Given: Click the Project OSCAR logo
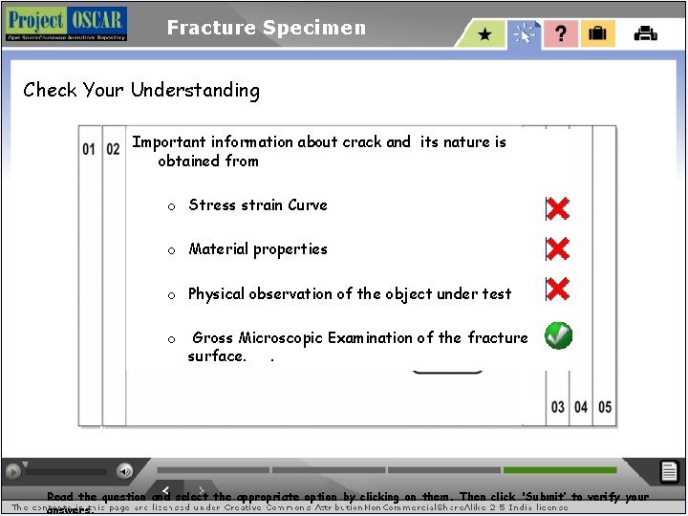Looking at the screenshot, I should (x=65, y=24).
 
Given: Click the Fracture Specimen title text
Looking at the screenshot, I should (x=267, y=28).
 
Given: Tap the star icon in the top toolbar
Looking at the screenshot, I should (x=485, y=34).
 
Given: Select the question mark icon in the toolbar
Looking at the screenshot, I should (x=561, y=34).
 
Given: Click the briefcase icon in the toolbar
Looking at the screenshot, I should (x=597, y=34).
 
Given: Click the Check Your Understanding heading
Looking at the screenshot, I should (x=141, y=91).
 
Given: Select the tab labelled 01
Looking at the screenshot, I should (x=89, y=149).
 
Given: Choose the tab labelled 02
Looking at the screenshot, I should (x=113, y=149).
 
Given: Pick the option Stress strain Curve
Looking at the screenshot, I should (x=257, y=204).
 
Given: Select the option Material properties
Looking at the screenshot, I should (x=257, y=249).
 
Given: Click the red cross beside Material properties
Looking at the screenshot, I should (x=557, y=248).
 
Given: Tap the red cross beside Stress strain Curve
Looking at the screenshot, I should (x=557, y=207).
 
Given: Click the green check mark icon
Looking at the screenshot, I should (x=559, y=335).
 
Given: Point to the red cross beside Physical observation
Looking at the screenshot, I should (x=557, y=289).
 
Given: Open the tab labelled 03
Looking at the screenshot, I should (x=558, y=407).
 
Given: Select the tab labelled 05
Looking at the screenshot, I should (x=605, y=407).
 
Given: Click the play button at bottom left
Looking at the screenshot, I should (x=13, y=471).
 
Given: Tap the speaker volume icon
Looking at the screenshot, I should (x=125, y=471).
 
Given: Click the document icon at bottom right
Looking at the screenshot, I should (x=670, y=471).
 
